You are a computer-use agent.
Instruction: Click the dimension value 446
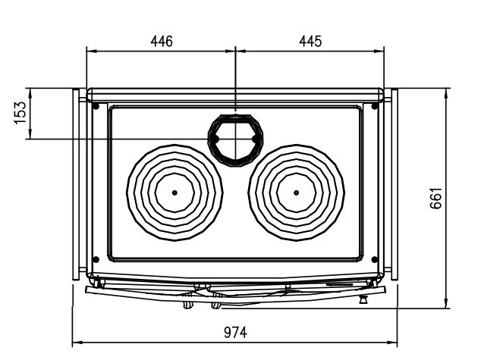tap(162, 42)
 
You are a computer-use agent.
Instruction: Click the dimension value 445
tap(310, 42)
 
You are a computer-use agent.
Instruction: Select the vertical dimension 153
tap(20, 112)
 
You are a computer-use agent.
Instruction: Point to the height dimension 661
tap(436, 199)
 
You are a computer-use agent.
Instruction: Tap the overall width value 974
tap(235, 333)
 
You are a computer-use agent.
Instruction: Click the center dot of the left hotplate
tap(174, 193)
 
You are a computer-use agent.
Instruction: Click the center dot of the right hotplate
tap(296, 193)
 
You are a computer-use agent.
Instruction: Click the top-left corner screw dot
tap(96, 106)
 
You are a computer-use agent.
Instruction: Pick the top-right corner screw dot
tap(375, 106)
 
